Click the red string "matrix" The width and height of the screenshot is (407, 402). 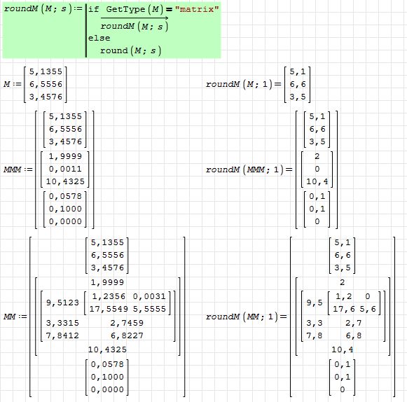[197, 9]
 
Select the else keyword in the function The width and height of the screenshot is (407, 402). [99, 38]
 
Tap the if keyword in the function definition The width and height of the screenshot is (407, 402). [93, 9]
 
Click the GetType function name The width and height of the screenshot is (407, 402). [125, 9]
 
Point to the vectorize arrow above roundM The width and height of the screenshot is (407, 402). [134, 18]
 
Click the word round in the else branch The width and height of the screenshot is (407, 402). [114, 50]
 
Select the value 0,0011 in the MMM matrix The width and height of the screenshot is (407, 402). [65, 169]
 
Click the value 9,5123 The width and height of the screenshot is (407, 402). [62, 303]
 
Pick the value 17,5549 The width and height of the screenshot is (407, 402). [109, 309]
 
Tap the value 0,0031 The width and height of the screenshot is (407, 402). [149, 296]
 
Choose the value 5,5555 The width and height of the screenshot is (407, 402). [149, 309]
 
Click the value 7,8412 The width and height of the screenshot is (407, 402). [62, 335]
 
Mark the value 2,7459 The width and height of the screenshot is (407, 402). [127, 323]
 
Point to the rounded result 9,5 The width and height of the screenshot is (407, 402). [315, 303]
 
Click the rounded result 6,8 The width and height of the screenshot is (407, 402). [354, 335]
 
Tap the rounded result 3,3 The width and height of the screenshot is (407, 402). [315, 323]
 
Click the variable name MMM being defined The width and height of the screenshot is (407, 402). [12, 169]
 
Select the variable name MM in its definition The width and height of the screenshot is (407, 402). [10, 317]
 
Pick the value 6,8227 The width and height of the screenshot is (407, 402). [127, 335]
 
